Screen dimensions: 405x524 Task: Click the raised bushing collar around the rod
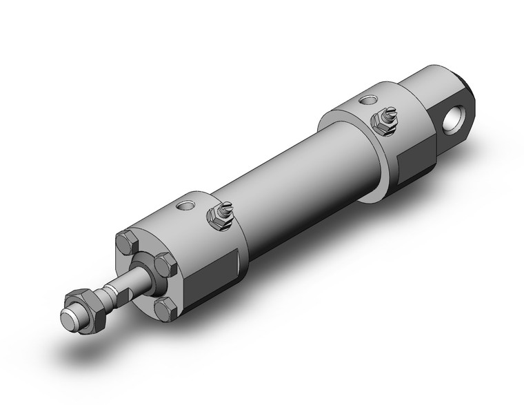coord(144,269)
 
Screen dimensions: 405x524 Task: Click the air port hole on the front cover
coord(183,206)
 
